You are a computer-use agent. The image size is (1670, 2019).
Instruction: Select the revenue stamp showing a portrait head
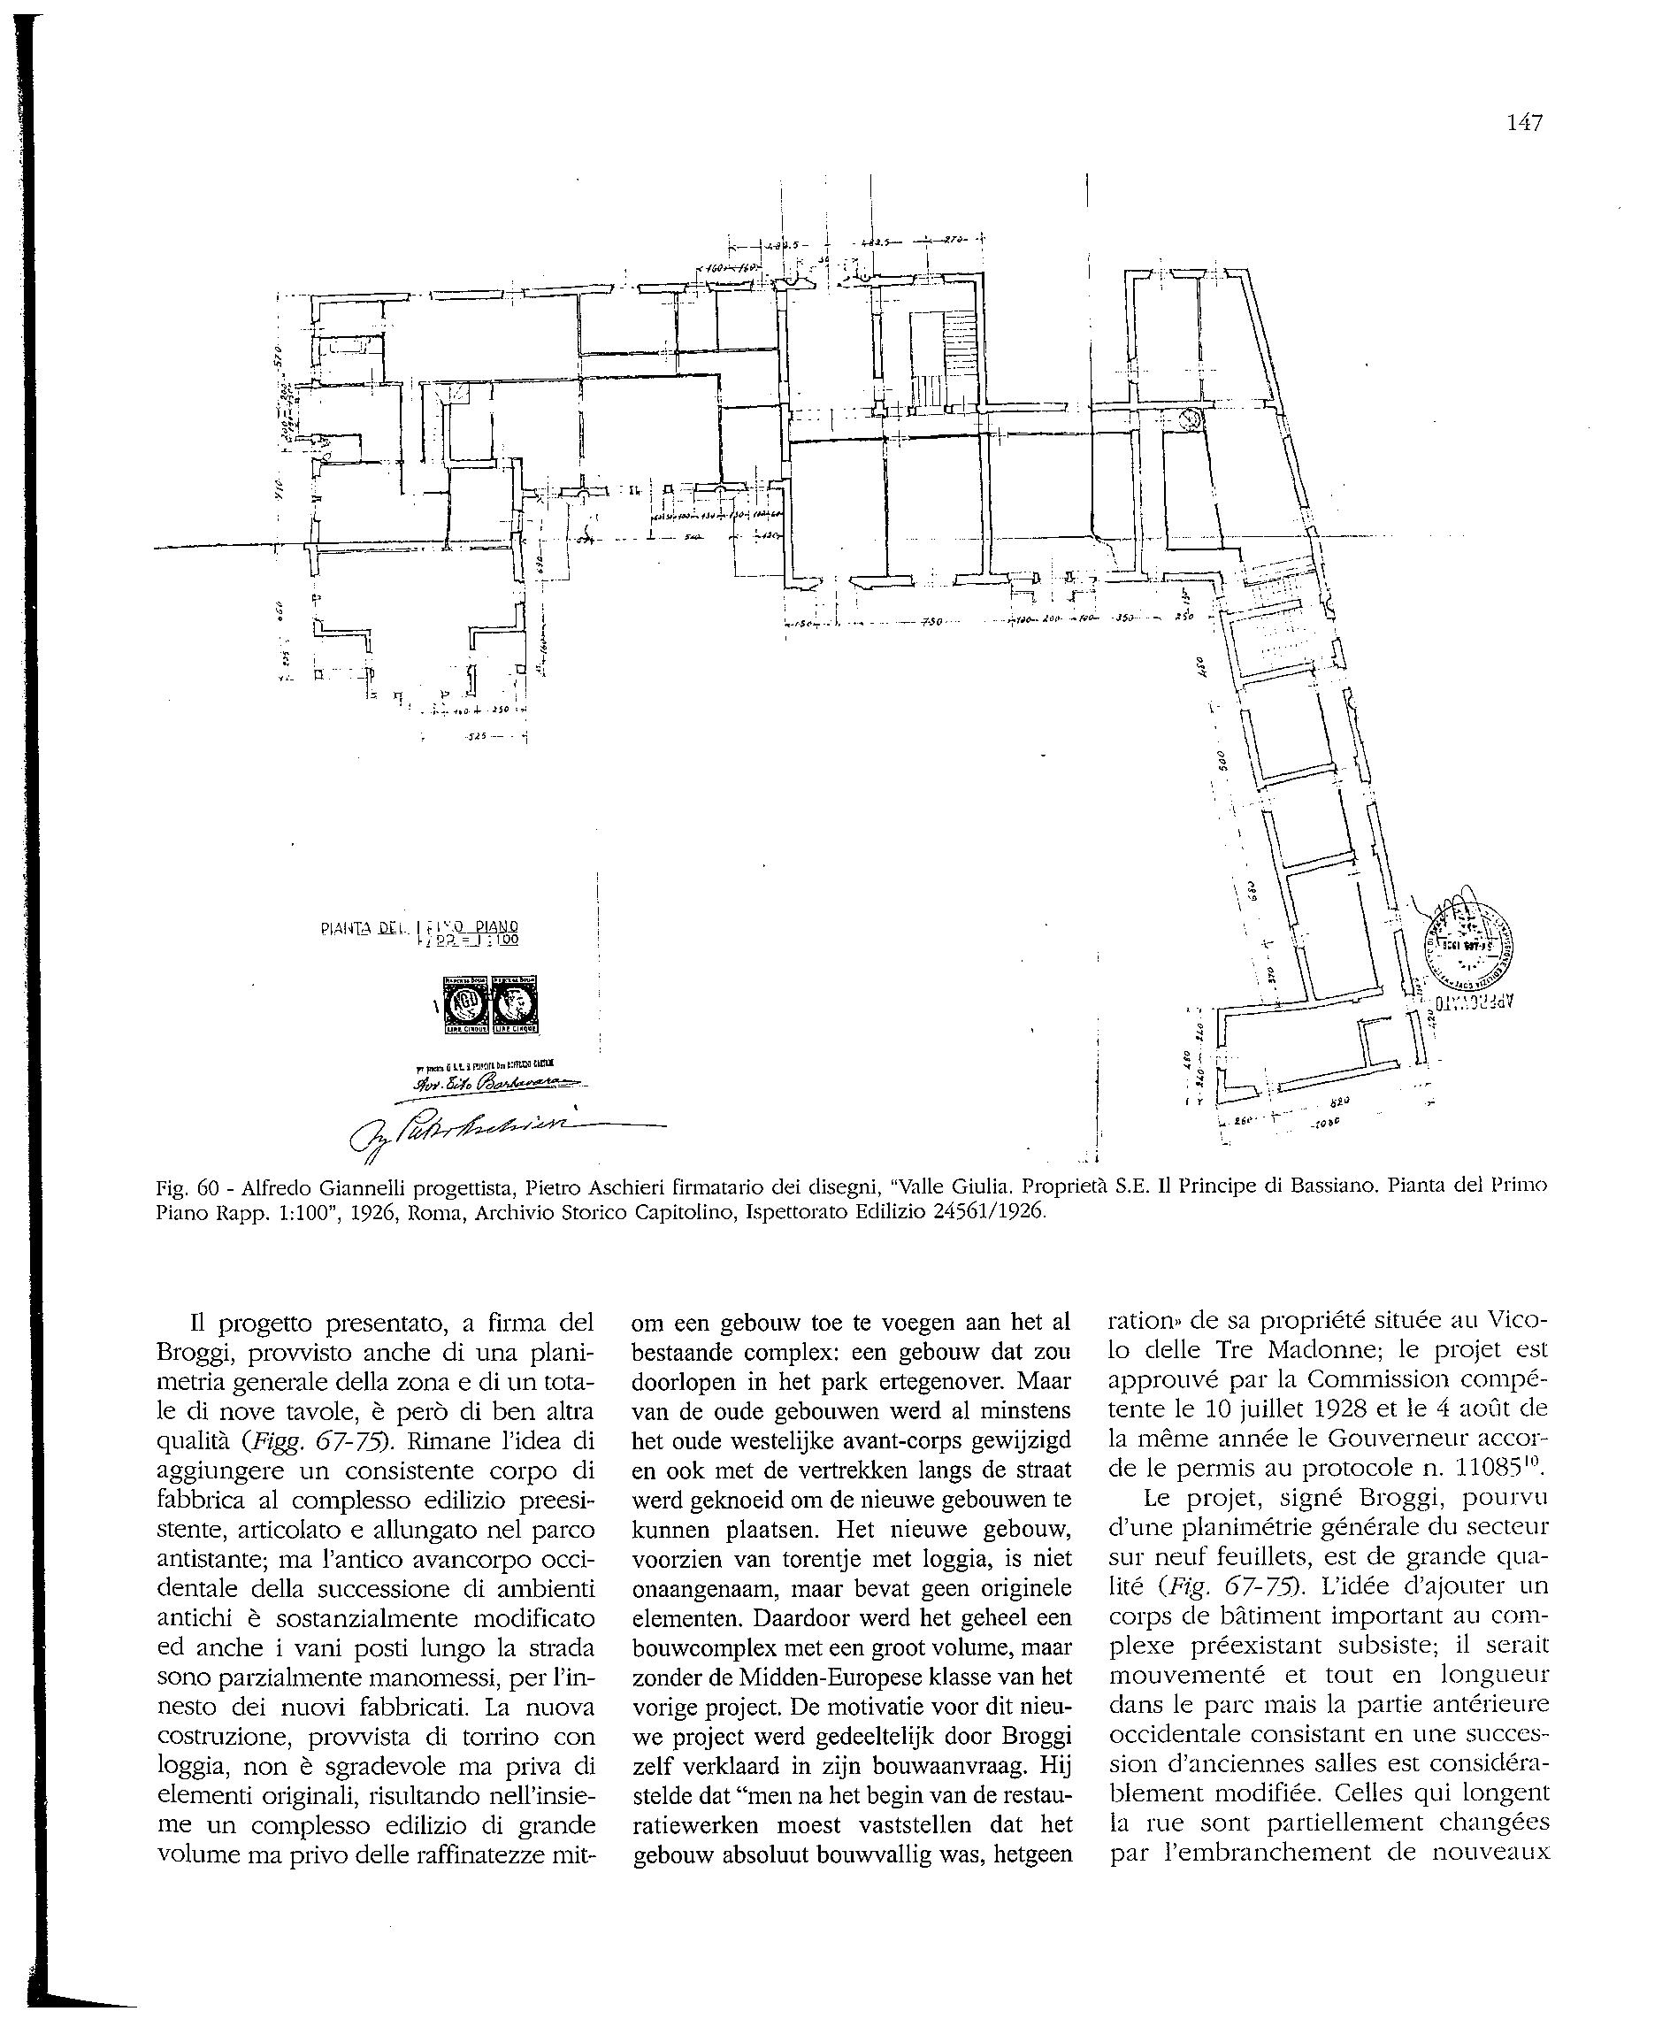(x=515, y=1005)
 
